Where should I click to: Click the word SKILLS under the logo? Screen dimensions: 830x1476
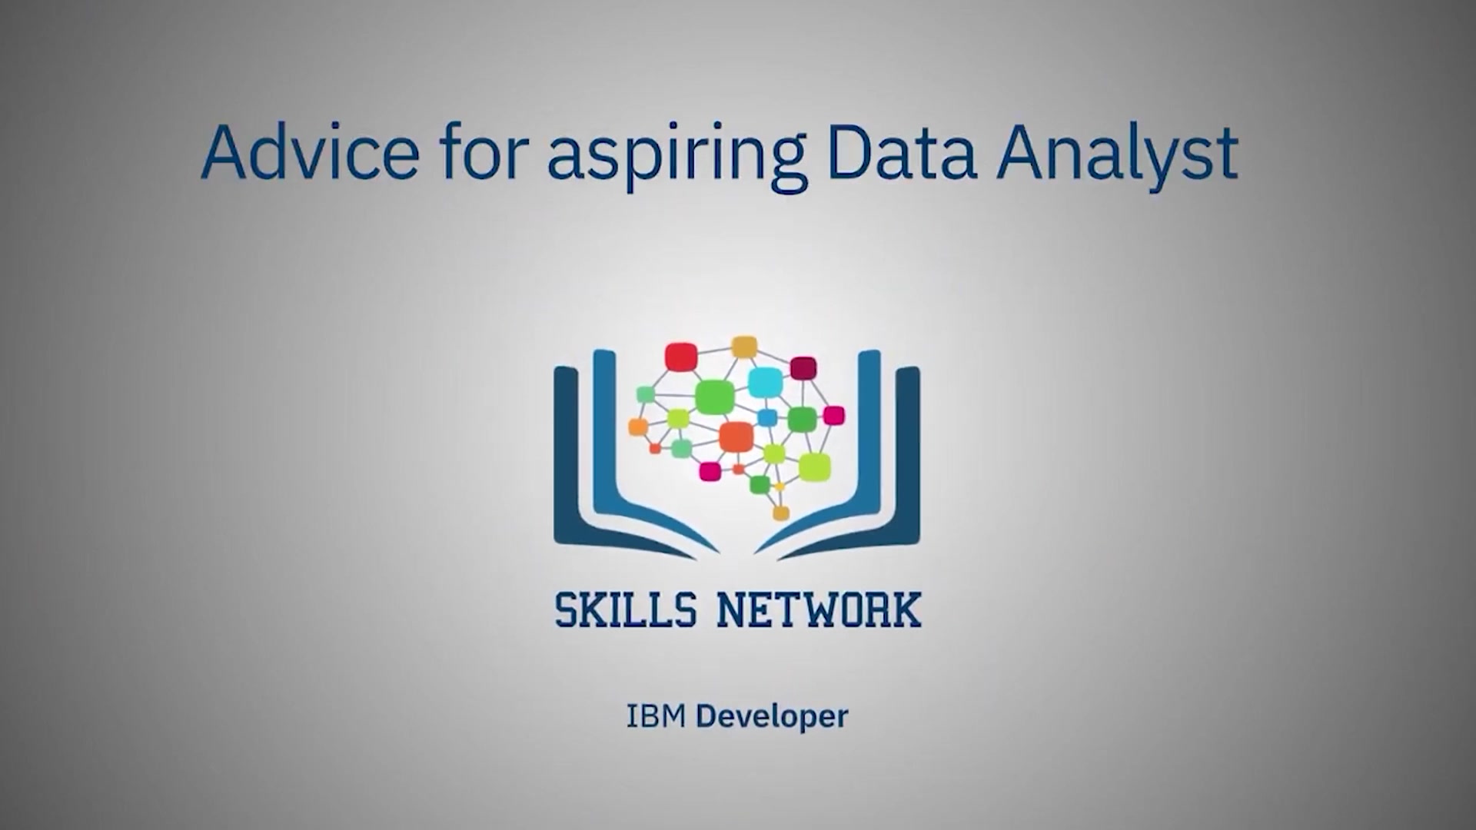click(626, 610)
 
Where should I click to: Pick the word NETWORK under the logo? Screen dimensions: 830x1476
click(819, 610)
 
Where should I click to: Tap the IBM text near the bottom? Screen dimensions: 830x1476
click(656, 716)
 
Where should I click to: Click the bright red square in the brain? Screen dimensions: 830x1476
click(680, 357)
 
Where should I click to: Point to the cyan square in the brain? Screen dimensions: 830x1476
click(765, 382)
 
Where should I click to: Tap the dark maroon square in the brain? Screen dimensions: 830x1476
click(803, 368)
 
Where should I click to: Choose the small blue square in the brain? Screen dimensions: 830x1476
click(767, 417)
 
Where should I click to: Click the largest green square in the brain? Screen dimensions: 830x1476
click(711, 397)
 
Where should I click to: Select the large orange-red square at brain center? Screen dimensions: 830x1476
click(735, 437)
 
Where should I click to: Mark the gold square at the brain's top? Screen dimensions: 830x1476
click(744, 347)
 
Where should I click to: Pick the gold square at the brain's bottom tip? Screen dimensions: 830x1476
click(780, 513)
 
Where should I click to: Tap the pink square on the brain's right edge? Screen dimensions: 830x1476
click(833, 416)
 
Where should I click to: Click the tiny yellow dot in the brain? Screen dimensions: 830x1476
click(780, 487)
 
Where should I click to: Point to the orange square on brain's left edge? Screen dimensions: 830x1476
click(638, 427)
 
